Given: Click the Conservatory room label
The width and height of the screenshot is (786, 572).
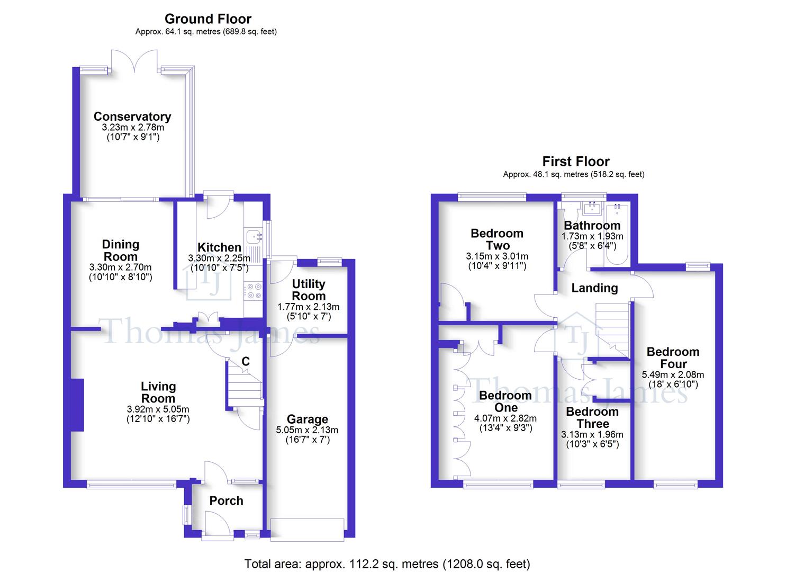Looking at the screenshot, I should tap(132, 117).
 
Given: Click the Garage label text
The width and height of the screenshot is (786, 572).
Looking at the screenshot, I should tap(307, 419).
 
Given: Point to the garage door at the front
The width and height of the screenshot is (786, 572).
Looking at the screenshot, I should tap(307, 530).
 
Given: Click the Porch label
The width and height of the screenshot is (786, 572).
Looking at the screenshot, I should tap(226, 501).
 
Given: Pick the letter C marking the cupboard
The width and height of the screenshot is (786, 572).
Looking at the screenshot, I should tap(246, 361).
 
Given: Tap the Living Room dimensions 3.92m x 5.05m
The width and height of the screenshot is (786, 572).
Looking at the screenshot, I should tap(158, 409).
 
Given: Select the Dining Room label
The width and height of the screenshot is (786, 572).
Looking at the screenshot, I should tap(121, 251).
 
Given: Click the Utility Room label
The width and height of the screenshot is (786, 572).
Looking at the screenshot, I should tap(309, 290).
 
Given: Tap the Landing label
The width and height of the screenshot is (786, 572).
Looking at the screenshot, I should tap(594, 288).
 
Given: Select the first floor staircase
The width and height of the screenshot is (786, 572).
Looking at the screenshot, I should tap(612, 328).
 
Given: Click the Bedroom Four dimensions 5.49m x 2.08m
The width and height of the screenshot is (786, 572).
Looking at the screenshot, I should tap(673, 374).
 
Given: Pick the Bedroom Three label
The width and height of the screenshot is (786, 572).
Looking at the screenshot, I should tap(592, 418).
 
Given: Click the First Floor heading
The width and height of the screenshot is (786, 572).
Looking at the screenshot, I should tap(576, 162).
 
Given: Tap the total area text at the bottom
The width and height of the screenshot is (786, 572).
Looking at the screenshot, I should tap(387, 564).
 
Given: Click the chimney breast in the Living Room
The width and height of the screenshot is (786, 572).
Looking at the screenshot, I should tap(77, 405).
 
